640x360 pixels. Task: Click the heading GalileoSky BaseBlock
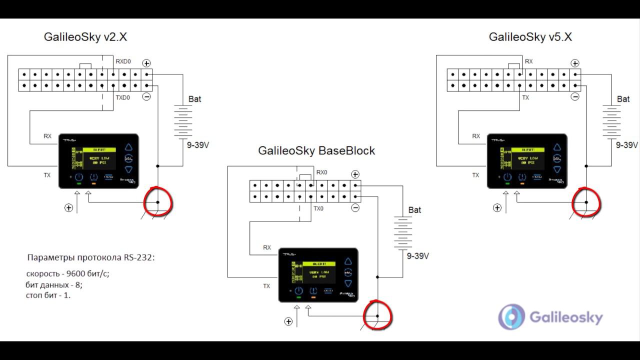click(x=316, y=150)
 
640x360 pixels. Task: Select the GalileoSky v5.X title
click(x=530, y=37)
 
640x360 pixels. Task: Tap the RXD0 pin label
click(x=123, y=61)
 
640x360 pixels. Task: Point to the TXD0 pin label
click(x=123, y=97)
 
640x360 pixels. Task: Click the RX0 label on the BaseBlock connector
click(x=321, y=172)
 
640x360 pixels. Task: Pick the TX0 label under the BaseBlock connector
click(x=318, y=208)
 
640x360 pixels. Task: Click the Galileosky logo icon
click(x=511, y=317)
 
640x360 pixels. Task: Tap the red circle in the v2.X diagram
click(x=158, y=202)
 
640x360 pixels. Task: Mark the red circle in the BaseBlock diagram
click(x=377, y=315)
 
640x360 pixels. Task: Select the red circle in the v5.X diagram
click(x=586, y=202)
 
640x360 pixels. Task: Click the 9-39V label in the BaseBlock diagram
click(x=417, y=256)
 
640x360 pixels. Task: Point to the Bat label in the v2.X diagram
click(x=195, y=99)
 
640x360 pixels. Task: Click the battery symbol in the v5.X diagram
click(x=611, y=121)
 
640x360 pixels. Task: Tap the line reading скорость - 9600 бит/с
click(x=67, y=274)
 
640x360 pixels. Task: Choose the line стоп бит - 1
click(x=48, y=295)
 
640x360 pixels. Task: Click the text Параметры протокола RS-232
click(x=91, y=258)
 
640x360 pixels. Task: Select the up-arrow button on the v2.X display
click(x=129, y=147)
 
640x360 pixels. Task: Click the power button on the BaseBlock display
click(x=298, y=291)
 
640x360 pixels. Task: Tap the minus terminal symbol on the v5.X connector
click(x=575, y=96)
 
